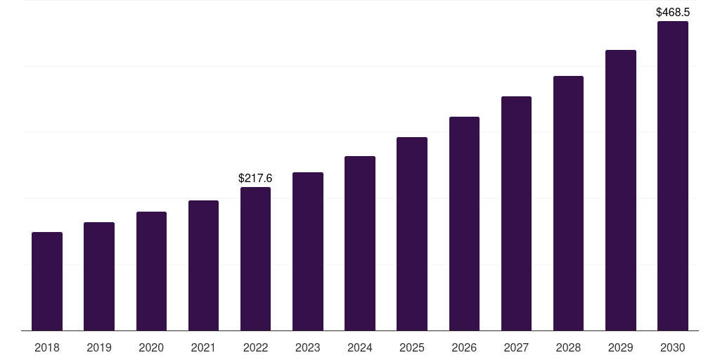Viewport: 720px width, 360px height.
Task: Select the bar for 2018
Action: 47,281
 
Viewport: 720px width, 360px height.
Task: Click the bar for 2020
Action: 151,271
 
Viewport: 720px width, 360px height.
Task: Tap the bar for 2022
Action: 255,259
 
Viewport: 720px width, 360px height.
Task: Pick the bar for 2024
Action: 360,243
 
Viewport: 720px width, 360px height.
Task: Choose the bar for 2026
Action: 464,224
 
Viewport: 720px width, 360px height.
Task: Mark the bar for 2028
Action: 568,203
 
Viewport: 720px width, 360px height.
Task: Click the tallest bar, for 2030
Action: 673,176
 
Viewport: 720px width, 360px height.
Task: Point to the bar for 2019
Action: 99,276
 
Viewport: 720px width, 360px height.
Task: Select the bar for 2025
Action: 412,233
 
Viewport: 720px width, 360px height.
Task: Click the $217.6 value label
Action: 255,179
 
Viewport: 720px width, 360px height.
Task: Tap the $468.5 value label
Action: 673,13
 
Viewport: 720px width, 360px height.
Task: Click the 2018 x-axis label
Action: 47,347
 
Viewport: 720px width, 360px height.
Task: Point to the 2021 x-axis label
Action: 203,347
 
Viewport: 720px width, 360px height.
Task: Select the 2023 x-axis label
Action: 308,347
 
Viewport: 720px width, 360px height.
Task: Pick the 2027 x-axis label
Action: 516,347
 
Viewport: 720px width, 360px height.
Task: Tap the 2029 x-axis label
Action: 621,347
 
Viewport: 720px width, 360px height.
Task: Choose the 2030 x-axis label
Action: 673,347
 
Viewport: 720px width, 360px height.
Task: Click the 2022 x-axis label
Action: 255,347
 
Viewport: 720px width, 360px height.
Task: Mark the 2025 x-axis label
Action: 412,347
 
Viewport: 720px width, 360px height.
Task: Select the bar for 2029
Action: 621,190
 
